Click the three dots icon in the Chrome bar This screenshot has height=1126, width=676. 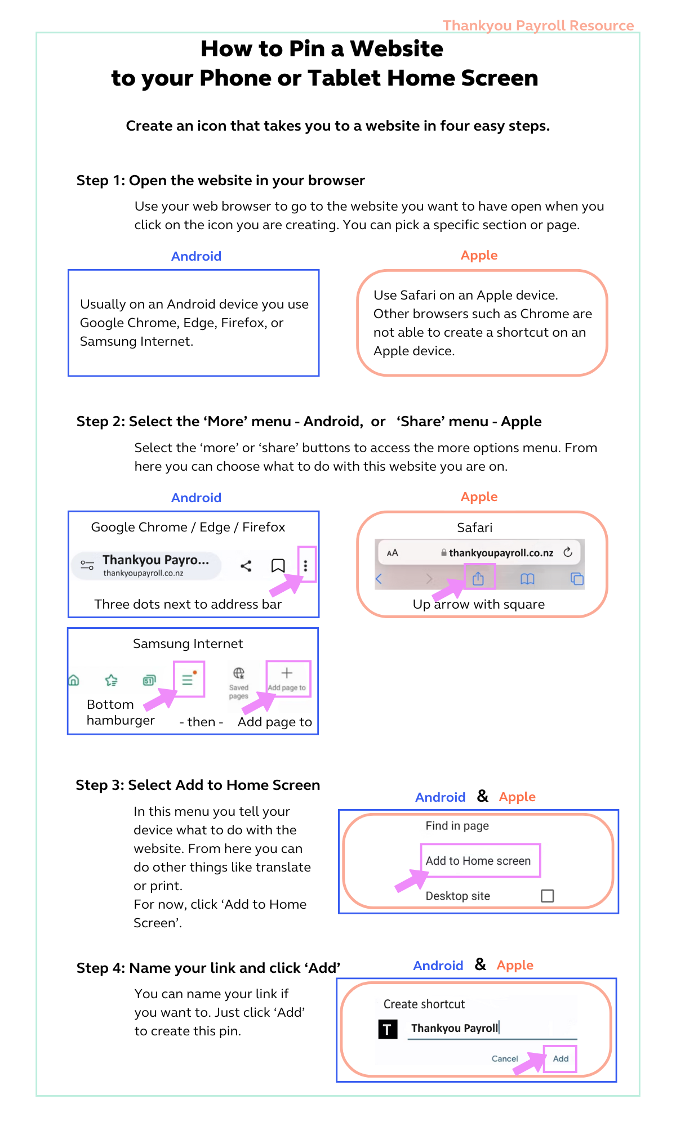click(305, 565)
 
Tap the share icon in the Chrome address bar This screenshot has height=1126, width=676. click(246, 566)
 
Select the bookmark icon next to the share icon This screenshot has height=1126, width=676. click(278, 565)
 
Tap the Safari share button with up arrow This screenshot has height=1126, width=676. click(478, 578)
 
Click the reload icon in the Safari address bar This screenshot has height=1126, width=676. click(568, 552)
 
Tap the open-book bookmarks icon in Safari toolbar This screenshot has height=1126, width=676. click(527, 579)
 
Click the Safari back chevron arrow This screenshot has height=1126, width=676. click(379, 579)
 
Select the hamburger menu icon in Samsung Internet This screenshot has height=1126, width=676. click(188, 680)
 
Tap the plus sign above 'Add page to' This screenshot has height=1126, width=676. click(287, 673)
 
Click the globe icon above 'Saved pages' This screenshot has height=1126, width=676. click(239, 673)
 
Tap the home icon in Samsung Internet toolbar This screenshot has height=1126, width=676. click(74, 680)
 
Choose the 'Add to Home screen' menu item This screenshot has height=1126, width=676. click(478, 860)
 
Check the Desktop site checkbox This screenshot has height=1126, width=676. click(547, 895)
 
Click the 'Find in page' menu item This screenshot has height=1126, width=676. click(457, 826)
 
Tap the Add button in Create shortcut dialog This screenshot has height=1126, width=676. click(561, 1058)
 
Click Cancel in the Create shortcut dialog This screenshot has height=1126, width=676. click(505, 1058)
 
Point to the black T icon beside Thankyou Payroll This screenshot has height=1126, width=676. click(388, 1030)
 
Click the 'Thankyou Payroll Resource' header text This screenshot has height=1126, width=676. click(538, 25)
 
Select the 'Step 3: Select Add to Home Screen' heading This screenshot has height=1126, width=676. click(198, 785)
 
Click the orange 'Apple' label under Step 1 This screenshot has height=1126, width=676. click(479, 255)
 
